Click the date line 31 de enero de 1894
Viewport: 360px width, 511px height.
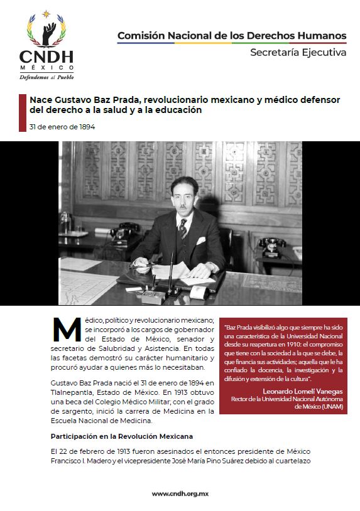(62, 127)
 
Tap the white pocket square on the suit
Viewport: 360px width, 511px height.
(200, 240)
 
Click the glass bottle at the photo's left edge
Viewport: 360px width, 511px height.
(65, 223)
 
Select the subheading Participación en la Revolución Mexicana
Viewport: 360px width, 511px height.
(121, 436)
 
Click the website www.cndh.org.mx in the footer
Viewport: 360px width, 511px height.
(180, 494)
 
